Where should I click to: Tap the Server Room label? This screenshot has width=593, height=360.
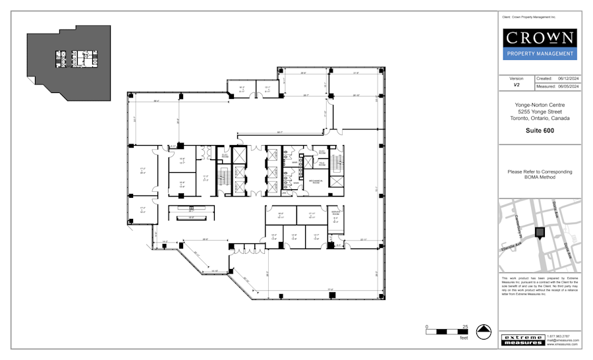(x=335, y=214)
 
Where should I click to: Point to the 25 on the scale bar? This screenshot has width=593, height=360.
(x=465, y=326)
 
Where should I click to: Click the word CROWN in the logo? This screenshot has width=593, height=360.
(x=540, y=38)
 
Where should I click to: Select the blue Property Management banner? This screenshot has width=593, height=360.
(x=540, y=54)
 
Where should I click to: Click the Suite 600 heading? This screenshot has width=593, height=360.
(x=540, y=131)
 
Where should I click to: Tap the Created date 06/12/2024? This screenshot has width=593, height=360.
(x=568, y=78)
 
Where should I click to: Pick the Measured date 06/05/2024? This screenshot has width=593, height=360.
(x=568, y=86)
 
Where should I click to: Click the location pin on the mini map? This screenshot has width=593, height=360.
(x=540, y=232)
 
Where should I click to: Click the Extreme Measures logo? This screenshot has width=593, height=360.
(x=522, y=340)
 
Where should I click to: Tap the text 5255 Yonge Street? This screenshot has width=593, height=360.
(x=540, y=111)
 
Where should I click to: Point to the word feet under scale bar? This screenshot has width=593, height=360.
(x=464, y=338)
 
